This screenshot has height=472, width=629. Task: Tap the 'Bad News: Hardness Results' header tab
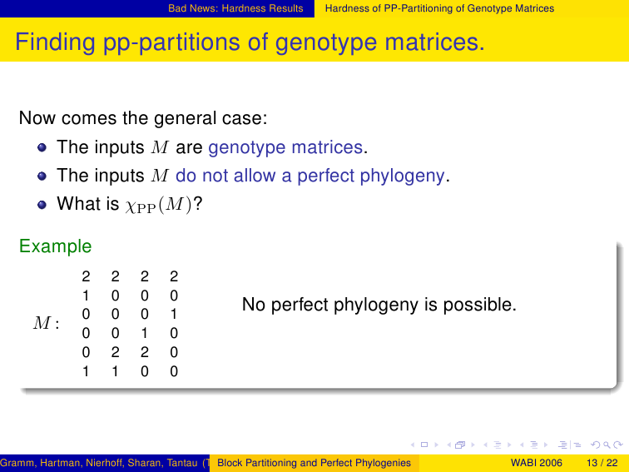(235, 8)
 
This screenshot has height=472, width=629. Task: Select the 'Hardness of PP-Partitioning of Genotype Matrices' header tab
(439, 8)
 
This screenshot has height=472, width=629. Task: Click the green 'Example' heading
(56, 246)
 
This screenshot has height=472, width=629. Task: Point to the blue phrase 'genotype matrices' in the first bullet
(285, 147)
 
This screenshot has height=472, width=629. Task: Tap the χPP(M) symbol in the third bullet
(158, 205)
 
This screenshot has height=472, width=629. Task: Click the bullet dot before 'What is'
(42, 205)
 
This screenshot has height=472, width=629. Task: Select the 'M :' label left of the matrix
(47, 323)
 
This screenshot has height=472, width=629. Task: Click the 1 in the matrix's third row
(174, 314)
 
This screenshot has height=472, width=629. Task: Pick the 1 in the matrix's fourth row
(145, 333)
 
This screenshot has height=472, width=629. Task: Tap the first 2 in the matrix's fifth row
(115, 352)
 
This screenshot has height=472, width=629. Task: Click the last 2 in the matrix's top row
(174, 276)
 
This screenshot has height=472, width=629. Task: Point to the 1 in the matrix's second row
(86, 296)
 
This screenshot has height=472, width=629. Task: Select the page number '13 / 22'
(602, 463)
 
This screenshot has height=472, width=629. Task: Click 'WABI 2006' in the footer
(537, 463)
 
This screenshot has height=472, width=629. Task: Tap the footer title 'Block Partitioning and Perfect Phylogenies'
(314, 463)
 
